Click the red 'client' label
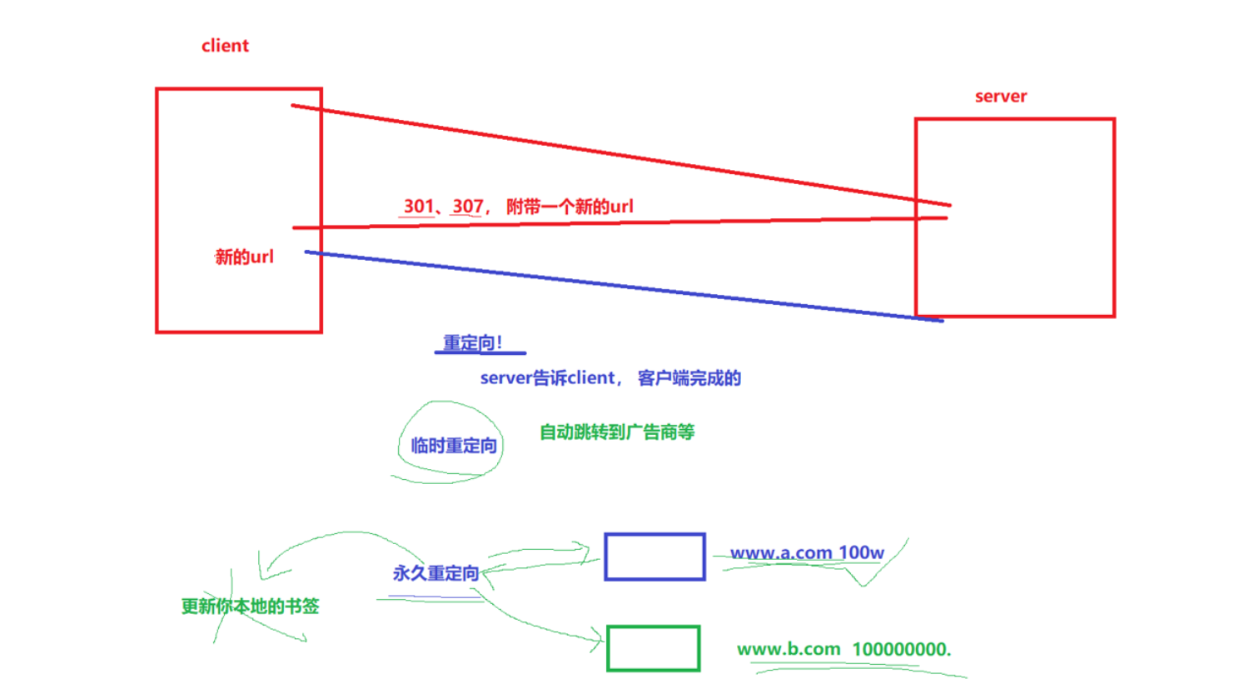pos(225,46)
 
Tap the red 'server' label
pos(1001,97)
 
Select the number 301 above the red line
pos(419,206)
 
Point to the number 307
pos(468,206)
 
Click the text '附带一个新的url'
pos(570,207)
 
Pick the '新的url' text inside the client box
pos(244,257)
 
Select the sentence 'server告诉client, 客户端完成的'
pos(610,378)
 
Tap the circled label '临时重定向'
pos(454,446)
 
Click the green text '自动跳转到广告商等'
pos(617,432)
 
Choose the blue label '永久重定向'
pos(435,573)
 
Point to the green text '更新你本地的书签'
pos(251,606)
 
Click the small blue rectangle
pos(654,557)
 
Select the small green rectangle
pos(654,648)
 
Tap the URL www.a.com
pos(781,553)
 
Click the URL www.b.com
pos(789,649)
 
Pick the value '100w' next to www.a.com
pos(861,553)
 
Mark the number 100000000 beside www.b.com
pos(900,649)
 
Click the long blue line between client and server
pos(625,286)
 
